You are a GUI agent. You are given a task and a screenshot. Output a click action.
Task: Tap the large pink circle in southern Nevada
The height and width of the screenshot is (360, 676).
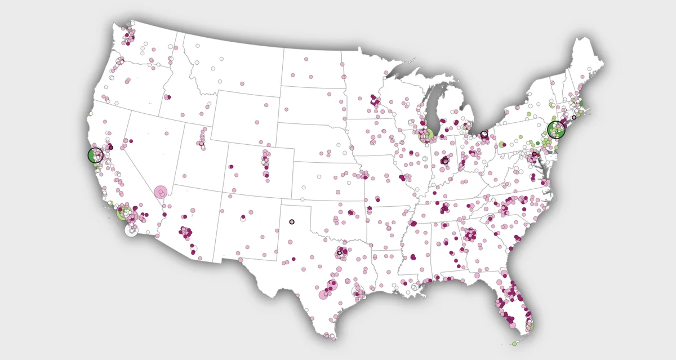pos(161,193)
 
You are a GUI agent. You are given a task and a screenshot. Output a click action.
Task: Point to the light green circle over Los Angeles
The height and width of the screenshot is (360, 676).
pos(123,213)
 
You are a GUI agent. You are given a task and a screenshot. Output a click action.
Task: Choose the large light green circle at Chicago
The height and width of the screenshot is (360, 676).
pos(427,135)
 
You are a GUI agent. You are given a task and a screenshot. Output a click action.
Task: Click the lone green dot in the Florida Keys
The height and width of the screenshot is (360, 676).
pos(514,343)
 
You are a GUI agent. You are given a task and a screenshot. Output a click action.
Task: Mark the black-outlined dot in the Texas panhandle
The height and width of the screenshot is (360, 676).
pos(291,221)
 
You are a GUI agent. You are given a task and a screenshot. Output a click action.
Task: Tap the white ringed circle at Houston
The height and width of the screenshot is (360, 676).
pos(358,291)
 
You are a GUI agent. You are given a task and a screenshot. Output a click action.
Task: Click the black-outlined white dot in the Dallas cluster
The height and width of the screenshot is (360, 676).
pos(340,253)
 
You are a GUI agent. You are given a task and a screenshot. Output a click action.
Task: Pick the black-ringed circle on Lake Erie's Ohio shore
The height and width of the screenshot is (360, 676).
pos(484,135)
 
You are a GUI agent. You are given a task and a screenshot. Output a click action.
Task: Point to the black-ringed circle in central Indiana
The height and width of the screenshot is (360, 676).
pos(445,161)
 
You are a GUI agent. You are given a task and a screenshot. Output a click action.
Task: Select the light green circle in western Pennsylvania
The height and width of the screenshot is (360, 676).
pos(501,145)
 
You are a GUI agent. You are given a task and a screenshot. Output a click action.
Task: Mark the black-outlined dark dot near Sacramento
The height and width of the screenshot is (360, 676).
pos(111,147)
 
